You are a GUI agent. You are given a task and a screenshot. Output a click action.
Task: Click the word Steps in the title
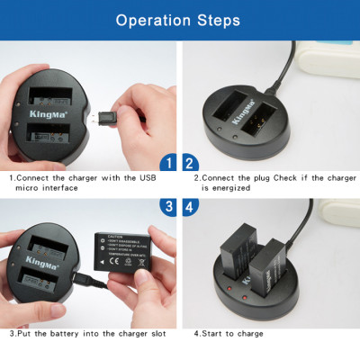(218, 20)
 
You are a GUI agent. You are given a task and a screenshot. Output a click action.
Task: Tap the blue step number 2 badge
(191, 163)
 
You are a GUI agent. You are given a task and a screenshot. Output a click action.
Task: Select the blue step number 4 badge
(191, 206)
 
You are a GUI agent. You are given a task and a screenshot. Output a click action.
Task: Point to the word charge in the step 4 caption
(248, 334)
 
